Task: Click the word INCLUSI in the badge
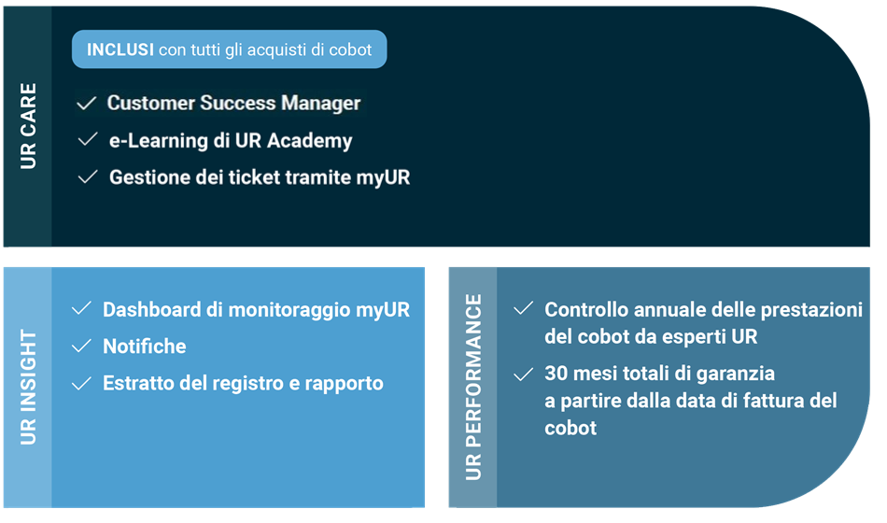(120, 49)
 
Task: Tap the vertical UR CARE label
(28, 126)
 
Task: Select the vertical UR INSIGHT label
(28, 388)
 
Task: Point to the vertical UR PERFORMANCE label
(473, 388)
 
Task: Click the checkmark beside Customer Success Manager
(87, 103)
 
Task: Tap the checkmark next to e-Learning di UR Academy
(88, 140)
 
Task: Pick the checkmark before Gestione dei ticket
(88, 177)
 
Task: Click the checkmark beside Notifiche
(81, 346)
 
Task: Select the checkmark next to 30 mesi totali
(523, 375)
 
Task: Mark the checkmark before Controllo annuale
(523, 308)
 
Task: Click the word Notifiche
(144, 346)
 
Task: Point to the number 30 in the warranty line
(556, 374)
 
